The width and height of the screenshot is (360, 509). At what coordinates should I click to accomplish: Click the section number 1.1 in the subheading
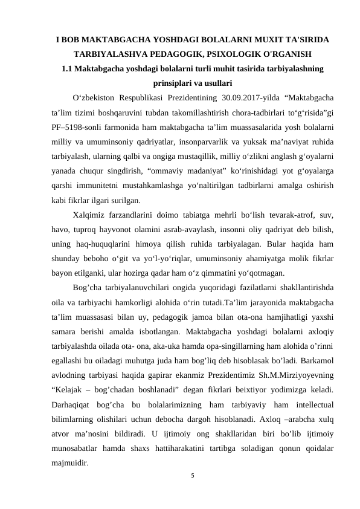coord(69,68)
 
